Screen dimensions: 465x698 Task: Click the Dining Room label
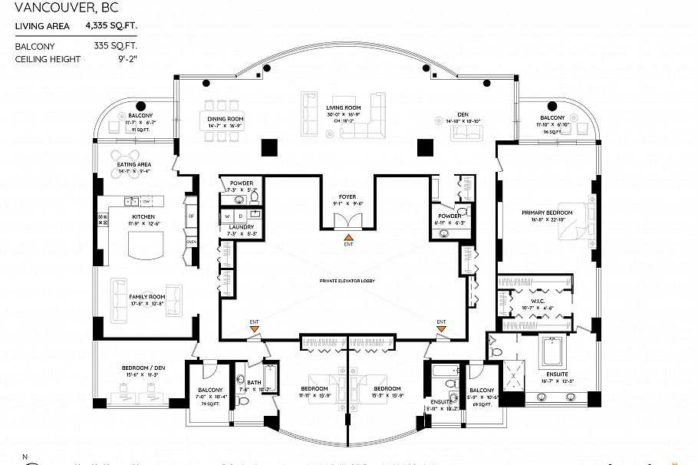tap(226, 119)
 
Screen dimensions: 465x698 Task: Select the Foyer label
tap(348, 197)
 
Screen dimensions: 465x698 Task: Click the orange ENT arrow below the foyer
tap(348, 238)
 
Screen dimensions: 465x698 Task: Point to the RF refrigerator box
tap(192, 216)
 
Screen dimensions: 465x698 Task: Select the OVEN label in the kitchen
tap(192, 242)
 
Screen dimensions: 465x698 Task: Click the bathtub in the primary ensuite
tap(553, 352)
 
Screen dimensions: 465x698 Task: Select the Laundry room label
tap(242, 228)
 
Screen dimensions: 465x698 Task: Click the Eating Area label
tap(133, 164)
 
